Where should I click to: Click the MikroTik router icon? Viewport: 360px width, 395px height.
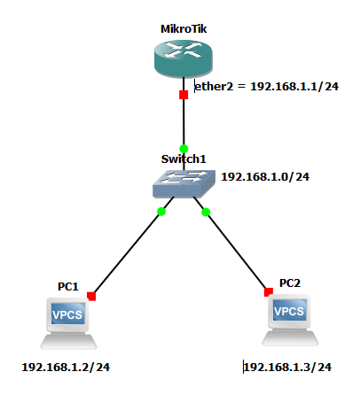pyautogui.click(x=183, y=59)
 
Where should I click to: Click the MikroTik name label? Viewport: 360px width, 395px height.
pyautogui.click(x=184, y=28)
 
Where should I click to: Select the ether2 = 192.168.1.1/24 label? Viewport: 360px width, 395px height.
pyautogui.click(x=256, y=88)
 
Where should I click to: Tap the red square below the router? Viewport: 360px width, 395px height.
pyautogui.click(x=184, y=95)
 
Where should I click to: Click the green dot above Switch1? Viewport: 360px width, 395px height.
pyautogui.click(x=184, y=148)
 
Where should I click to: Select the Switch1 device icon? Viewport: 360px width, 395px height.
pyautogui.click(x=183, y=184)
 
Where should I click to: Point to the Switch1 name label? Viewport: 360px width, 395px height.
pyautogui.click(x=183, y=159)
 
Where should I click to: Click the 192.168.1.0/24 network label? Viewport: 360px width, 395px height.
pyautogui.click(x=264, y=177)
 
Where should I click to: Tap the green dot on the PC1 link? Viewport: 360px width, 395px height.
pyautogui.click(x=161, y=212)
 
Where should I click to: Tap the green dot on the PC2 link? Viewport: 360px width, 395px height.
pyautogui.click(x=206, y=212)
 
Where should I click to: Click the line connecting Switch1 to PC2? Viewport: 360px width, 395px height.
pyautogui.click(x=237, y=252)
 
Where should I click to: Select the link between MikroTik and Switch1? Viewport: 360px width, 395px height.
pyautogui.click(x=184, y=121)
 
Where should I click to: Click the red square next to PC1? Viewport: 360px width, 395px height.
pyautogui.click(x=91, y=296)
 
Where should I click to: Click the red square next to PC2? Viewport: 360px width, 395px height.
pyautogui.click(x=267, y=290)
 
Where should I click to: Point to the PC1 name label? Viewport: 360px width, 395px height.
pyautogui.click(x=68, y=286)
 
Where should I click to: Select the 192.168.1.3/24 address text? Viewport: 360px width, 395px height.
pyautogui.click(x=287, y=367)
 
